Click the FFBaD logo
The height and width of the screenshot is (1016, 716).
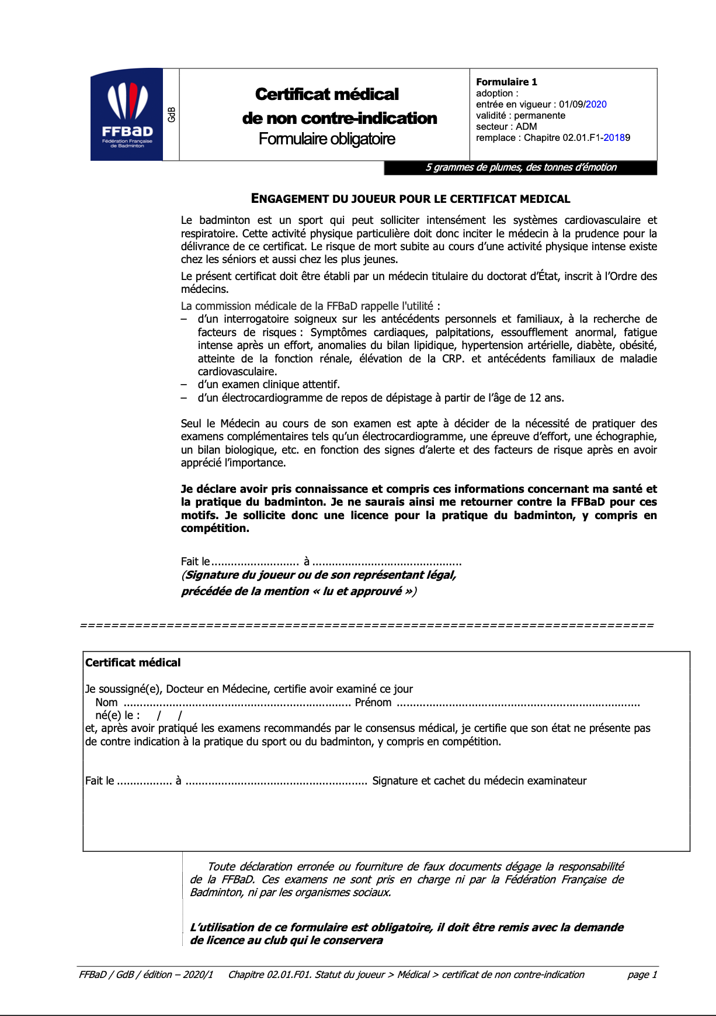coord(127,115)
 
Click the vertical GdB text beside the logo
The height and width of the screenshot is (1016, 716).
coord(171,115)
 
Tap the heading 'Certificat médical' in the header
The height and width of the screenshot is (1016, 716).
coord(326,94)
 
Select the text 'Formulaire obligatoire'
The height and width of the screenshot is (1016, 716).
coord(326,139)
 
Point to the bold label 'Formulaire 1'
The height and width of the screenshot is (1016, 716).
coord(506,82)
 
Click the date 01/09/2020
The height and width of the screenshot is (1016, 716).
coord(582,105)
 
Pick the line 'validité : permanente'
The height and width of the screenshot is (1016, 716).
coord(520,116)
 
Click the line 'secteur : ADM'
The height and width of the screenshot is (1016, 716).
coord(506,127)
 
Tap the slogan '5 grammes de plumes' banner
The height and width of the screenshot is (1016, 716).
coord(520,168)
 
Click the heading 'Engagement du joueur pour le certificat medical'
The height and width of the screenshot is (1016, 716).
coord(410,199)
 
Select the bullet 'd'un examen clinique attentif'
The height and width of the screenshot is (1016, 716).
coord(269,385)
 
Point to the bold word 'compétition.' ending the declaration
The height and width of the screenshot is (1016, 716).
coord(215,528)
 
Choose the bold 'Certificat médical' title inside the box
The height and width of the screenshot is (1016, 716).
coord(133,663)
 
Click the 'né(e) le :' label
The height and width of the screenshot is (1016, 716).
coord(117,716)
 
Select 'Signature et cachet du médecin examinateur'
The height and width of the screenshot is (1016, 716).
coord(479,781)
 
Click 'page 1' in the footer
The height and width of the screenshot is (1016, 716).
coord(642,974)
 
